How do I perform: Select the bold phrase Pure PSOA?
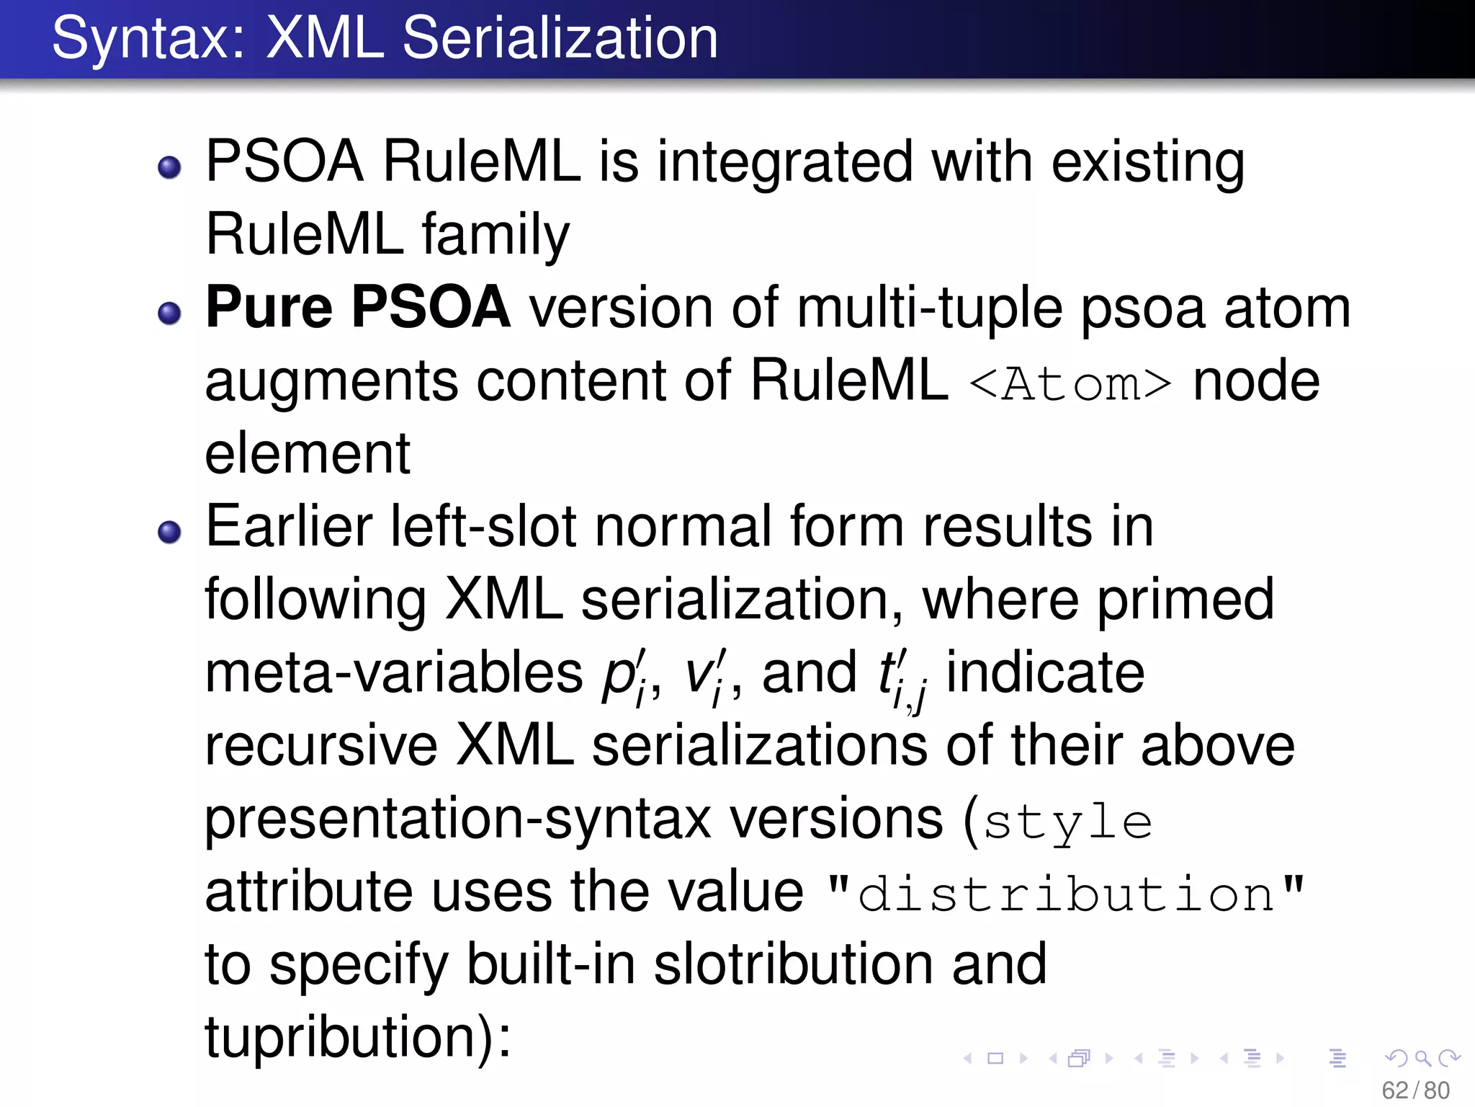tap(358, 308)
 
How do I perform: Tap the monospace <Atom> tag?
tap(1070, 383)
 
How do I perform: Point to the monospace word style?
tap(1067, 822)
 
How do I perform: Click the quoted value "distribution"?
tap(1066, 894)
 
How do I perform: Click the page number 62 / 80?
tap(1415, 1090)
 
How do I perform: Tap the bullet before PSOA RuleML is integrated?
tap(169, 167)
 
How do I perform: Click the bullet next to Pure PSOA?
tap(169, 313)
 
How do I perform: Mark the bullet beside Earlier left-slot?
tap(169, 532)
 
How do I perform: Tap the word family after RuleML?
tap(496, 236)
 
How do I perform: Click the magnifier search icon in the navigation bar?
tap(1422, 1058)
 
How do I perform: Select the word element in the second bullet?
tap(308, 454)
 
